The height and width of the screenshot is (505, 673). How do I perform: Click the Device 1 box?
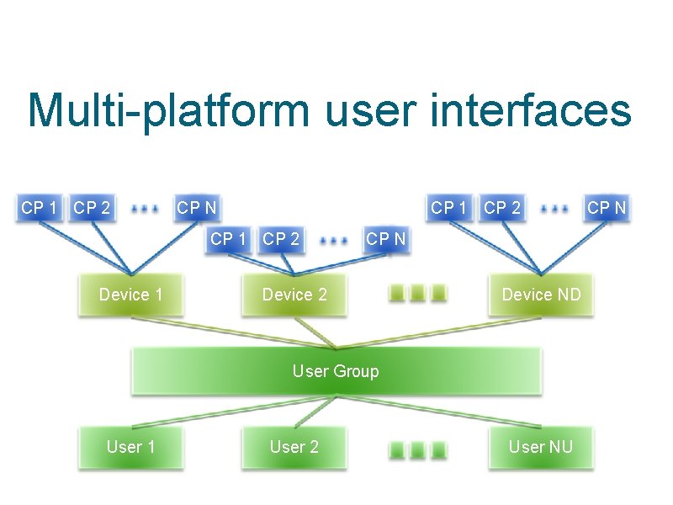pos(130,295)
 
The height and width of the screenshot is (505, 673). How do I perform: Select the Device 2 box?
pos(294,295)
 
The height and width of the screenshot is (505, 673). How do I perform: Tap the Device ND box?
pos(541,295)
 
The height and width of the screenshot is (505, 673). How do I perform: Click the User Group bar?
pos(335,371)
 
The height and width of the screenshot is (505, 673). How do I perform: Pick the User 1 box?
pos(130,447)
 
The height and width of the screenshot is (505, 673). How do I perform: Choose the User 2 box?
pos(294,447)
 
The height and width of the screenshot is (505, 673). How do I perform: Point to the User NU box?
pos(541,447)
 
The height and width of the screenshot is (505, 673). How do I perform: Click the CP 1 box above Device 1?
pos(40,207)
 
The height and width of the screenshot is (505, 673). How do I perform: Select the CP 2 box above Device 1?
pos(92,207)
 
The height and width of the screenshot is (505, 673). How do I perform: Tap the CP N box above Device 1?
pos(196,207)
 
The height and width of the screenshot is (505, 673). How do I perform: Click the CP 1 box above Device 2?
pos(229,239)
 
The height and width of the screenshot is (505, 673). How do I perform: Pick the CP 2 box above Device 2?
pos(281,239)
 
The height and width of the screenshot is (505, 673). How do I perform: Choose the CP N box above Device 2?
pos(385,239)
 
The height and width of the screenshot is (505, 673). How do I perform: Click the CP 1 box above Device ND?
pos(450,207)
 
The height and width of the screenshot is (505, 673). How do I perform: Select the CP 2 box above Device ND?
pos(502,207)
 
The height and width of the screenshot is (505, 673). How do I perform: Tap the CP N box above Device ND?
pos(607,207)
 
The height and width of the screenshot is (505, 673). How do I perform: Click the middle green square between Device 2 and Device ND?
pos(417,295)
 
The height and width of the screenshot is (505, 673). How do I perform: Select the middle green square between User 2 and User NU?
pos(417,448)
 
